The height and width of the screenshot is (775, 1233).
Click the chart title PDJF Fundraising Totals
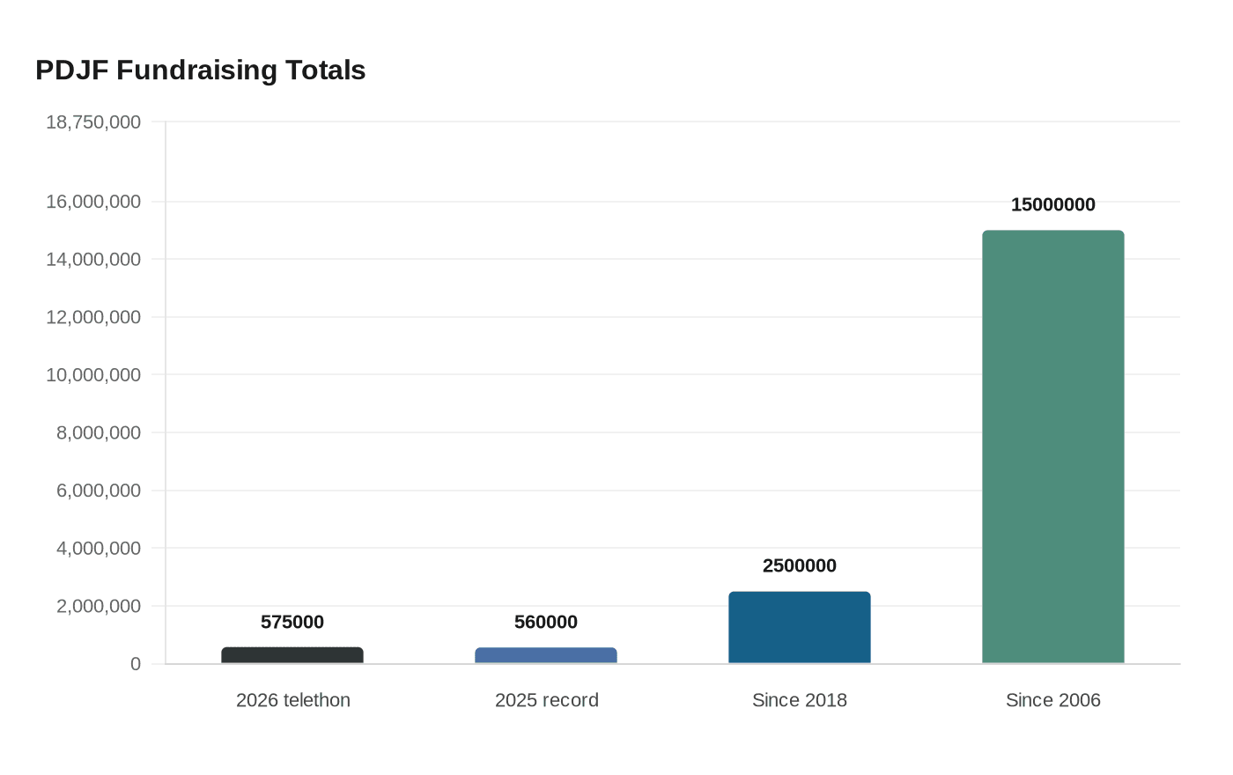coord(200,70)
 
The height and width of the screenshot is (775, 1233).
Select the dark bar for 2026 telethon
coord(292,656)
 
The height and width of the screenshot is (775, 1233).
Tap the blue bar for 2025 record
coord(546,656)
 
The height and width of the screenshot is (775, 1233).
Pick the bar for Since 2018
coord(800,628)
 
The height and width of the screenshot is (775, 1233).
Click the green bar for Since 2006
coord(1053,447)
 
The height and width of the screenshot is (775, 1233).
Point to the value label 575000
coord(292,623)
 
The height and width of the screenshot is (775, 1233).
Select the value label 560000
coord(546,623)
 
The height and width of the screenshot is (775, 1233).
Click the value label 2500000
coord(800,566)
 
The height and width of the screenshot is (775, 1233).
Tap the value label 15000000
coord(1053,205)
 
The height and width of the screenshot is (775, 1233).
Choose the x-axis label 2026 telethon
coord(293,700)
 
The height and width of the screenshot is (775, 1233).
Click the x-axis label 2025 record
coord(547,700)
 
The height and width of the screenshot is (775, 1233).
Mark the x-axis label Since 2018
coord(800,700)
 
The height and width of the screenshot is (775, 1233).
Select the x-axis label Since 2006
coord(1053,700)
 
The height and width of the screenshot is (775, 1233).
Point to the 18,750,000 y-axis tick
coord(93,122)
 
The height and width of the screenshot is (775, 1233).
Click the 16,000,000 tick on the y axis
coord(93,202)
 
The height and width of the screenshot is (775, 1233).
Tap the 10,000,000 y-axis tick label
coord(93,375)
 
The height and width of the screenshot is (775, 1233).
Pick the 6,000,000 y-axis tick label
coord(99,491)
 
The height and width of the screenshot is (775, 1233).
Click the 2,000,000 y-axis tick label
coord(99,606)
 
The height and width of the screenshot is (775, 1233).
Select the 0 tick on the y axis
coord(136,664)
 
